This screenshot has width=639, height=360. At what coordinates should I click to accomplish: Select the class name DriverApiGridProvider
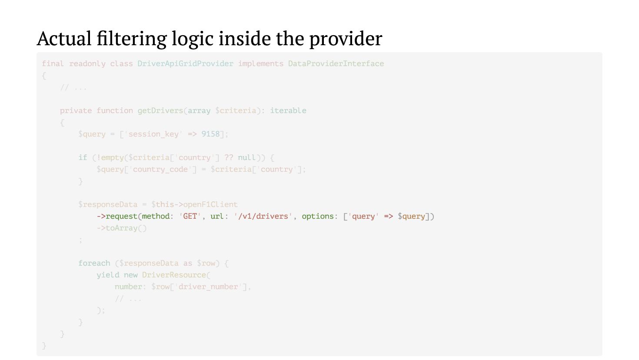(x=185, y=63)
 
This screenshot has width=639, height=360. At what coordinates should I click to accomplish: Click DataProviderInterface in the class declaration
(x=336, y=63)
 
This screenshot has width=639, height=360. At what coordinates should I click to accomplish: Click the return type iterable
(x=288, y=110)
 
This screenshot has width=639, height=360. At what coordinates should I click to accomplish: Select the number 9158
(x=210, y=134)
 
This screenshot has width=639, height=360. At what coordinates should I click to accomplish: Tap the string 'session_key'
(x=153, y=134)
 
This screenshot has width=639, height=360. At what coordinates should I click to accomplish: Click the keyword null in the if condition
(x=246, y=157)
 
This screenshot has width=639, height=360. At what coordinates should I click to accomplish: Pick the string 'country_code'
(x=160, y=169)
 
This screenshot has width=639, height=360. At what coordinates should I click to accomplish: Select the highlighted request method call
(x=121, y=216)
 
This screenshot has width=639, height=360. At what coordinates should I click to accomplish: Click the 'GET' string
(x=190, y=216)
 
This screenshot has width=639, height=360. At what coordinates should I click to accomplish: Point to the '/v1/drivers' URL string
(x=263, y=216)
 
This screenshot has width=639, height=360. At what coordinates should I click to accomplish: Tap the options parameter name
(x=317, y=216)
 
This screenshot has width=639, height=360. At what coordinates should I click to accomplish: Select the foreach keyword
(x=94, y=263)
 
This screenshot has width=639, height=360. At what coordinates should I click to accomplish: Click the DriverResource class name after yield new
(x=174, y=275)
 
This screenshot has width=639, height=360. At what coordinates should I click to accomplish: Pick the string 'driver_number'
(x=208, y=287)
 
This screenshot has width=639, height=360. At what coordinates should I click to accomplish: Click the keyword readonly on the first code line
(x=87, y=63)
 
